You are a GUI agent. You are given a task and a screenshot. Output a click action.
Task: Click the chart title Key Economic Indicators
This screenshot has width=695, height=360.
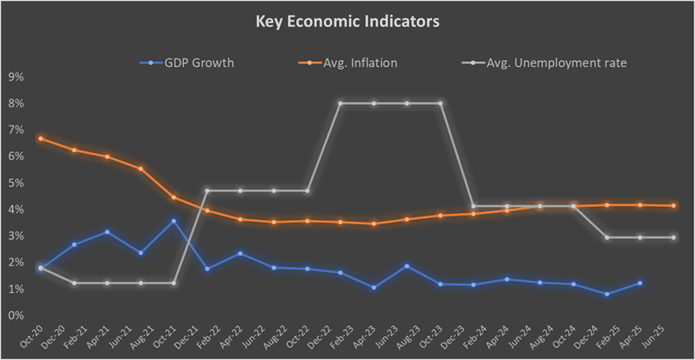click(347, 21)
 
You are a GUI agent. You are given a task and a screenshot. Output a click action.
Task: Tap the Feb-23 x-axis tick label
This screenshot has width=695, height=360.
click(342, 336)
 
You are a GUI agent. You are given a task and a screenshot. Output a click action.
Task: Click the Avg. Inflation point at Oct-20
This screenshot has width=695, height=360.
click(41, 138)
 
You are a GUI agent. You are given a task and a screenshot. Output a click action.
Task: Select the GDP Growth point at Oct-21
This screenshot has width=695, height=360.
click(174, 221)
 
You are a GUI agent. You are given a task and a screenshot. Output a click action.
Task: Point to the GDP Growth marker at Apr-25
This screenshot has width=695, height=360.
click(640, 283)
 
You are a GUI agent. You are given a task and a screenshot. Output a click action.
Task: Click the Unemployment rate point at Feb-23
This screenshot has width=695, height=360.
click(340, 103)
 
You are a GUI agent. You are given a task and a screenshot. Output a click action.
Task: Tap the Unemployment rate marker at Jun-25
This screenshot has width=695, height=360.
click(673, 237)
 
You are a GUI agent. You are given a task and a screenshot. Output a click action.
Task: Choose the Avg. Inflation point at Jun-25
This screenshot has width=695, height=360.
click(673, 205)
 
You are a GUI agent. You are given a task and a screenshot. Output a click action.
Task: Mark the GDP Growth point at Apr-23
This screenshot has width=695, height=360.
click(374, 287)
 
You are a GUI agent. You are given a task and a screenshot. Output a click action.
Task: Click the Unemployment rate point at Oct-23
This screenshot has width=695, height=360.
click(441, 103)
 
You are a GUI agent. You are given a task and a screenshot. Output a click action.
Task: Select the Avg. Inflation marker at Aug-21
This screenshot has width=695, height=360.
click(141, 168)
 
